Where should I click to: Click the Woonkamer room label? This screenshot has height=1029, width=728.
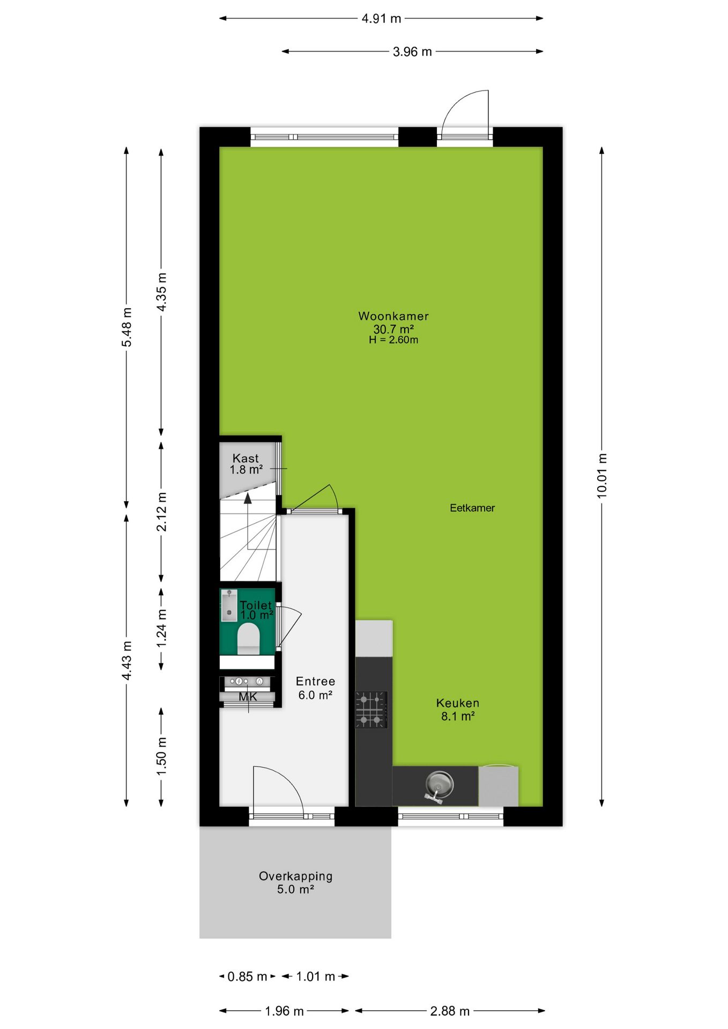tap(393, 316)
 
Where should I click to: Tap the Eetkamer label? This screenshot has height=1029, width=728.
tap(472, 508)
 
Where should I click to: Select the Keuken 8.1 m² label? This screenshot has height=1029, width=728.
tap(458, 710)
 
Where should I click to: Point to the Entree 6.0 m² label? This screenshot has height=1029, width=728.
tap(315, 688)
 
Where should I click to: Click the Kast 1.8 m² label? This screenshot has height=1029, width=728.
tap(246, 464)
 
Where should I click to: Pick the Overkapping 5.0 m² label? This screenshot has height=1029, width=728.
tap(295, 883)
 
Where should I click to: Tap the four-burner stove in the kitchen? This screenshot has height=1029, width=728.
tap(371, 710)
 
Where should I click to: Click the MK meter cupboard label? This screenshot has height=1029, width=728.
tap(248, 697)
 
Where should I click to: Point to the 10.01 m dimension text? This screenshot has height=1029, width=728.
tap(602, 476)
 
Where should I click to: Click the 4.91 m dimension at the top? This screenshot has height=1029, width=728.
tap(381, 19)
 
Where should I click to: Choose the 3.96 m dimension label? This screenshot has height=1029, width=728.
tap(412, 52)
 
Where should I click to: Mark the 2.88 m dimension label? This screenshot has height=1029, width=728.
tap(450, 1011)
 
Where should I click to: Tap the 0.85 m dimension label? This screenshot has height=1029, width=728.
tap(247, 976)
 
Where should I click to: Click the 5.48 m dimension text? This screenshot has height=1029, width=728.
tap(127, 327)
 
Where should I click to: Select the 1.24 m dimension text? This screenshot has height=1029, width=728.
tap(161, 627)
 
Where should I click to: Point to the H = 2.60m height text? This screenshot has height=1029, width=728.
tap(393, 340)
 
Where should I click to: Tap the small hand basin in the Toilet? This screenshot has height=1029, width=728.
tap(229, 606)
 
